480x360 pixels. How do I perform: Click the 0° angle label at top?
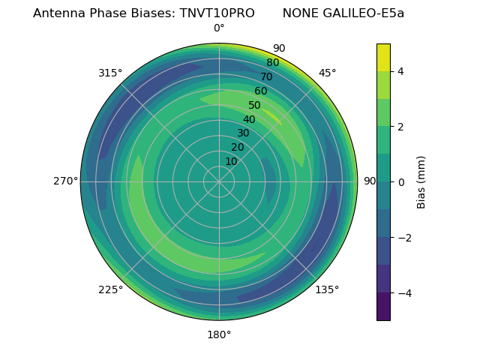[x=219, y=28]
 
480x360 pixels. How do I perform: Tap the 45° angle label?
[x=327, y=73]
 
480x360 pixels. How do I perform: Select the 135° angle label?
[x=327, y=289]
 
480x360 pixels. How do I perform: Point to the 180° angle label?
[x=219, y=334]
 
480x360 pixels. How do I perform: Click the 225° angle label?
[x=110, y=290]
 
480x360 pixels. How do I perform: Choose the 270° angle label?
[x=66, y=181]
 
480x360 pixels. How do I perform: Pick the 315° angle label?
[x=110, y=73]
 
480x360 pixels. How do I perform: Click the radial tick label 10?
[x=231, y=161]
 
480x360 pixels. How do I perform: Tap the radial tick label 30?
[x=243, y=133]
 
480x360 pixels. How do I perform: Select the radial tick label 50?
[x=255, y=106]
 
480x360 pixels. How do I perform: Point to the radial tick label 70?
[x=267, y=76]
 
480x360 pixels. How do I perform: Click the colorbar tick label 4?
[x=401, y=71]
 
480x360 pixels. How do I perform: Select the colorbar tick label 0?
[x=401, y=181]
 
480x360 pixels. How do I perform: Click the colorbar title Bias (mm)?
[x=421, y=181]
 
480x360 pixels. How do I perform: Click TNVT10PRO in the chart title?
[x=217, y=13]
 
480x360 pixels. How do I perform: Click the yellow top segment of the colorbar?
[x=383, y=57]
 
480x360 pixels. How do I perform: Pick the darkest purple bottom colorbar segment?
[x=383, y=306]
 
